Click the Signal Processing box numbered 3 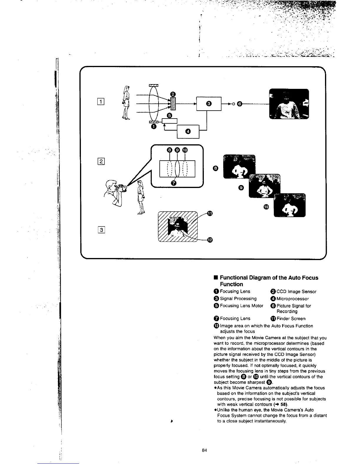point(209,103)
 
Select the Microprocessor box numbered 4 point(188,131)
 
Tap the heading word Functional point(234,277)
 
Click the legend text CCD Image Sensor point(296,292)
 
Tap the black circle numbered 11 point(209,214)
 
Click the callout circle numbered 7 point(174,183)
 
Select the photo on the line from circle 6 point(289,104)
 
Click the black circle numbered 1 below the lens point(153,127)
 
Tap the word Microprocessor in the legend point(292,299)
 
